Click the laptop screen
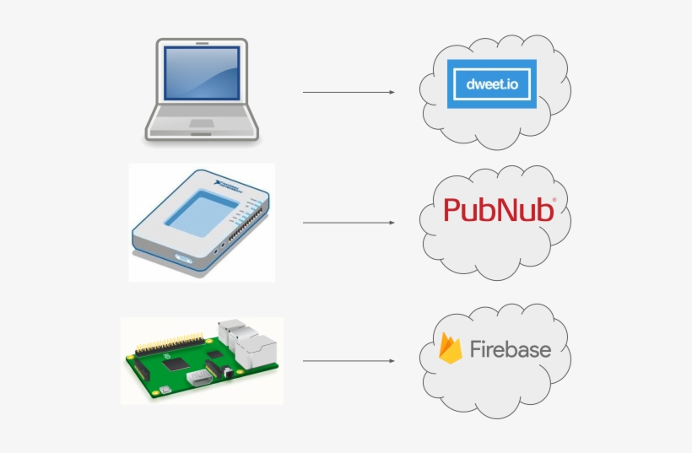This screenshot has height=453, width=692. [x=201, y=78]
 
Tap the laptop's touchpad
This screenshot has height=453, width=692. [x=201, y=124]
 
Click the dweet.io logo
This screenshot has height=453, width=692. [x=492, y=84]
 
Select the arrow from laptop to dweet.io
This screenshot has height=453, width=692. [x=349, y=92]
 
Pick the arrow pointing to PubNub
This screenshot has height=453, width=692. [x=349, y=223]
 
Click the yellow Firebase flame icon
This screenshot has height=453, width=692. [x=451, y=348]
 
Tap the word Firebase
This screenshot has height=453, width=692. [x=510, y=349]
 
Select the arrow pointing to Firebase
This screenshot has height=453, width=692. [x=349, y=361]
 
